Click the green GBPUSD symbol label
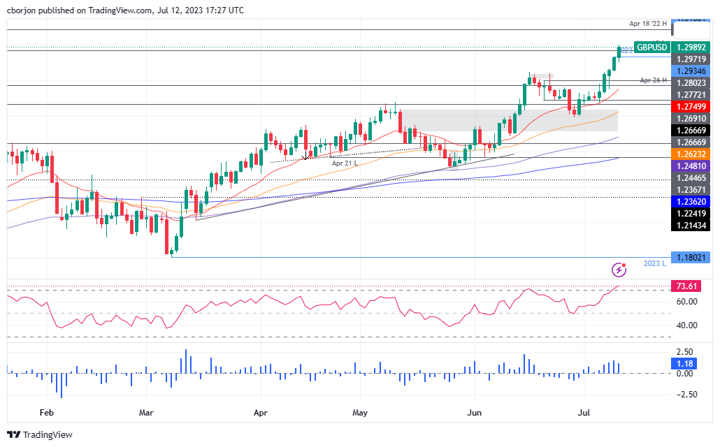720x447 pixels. tap(651, 47)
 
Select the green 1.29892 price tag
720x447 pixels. tap(690, 47)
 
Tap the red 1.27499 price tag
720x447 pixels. tap(690, 106)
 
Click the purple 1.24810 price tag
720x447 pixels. tap(690, 167)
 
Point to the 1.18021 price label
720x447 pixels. tap(690, 257)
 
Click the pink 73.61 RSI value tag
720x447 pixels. tap(685, 286)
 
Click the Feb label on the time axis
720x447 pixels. tap(47, 413)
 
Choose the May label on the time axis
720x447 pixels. tap(360, 413)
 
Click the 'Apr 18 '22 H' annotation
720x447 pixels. tap(648, 24)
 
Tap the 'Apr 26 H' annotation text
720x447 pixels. tap(654, 80)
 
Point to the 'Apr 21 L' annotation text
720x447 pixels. tap(345, 163)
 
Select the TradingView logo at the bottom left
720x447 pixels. tap(40, 434)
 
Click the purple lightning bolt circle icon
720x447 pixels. tap(619, 269)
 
